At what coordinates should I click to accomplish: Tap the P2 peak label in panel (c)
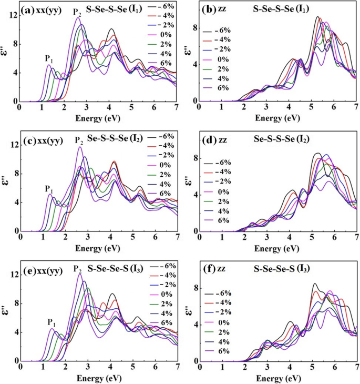[78, 140]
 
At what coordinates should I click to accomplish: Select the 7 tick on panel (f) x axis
[357, 367]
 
